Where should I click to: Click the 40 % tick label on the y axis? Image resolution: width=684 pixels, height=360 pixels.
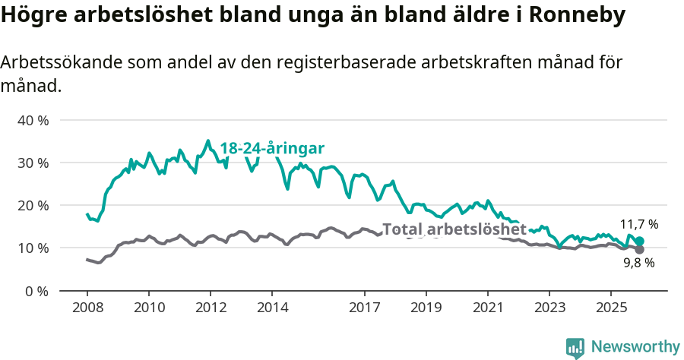pos(33,120)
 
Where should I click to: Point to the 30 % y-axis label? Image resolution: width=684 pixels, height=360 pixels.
pos(33,163)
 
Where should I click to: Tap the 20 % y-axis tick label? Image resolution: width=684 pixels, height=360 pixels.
pos(33,205)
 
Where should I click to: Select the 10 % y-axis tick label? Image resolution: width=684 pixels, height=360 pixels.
pos(33,248)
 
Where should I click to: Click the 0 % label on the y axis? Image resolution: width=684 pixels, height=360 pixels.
pos(36,290)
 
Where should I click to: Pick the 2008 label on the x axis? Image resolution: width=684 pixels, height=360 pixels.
pos(87,308)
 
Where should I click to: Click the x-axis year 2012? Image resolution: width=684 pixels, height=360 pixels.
pos(211,308)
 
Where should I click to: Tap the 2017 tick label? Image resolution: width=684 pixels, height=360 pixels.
pos(364,308)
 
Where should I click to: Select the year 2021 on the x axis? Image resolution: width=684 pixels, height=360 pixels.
pos(487,308)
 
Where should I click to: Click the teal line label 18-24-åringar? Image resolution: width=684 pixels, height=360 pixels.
pos(272,148)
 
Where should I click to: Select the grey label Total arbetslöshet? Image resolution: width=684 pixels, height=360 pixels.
pos(454,229)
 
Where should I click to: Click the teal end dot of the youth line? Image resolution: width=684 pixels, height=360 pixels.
pos(639,241)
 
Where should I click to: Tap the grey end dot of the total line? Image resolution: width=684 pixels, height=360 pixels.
pos(639,249)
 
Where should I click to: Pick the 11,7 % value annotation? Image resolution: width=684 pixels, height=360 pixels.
pos(638,225)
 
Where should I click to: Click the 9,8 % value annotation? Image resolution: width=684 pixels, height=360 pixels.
pos(638,264)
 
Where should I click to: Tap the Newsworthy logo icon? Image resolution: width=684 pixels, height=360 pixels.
pos(575,347)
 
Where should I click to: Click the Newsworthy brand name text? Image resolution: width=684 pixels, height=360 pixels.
pos(635,347)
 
